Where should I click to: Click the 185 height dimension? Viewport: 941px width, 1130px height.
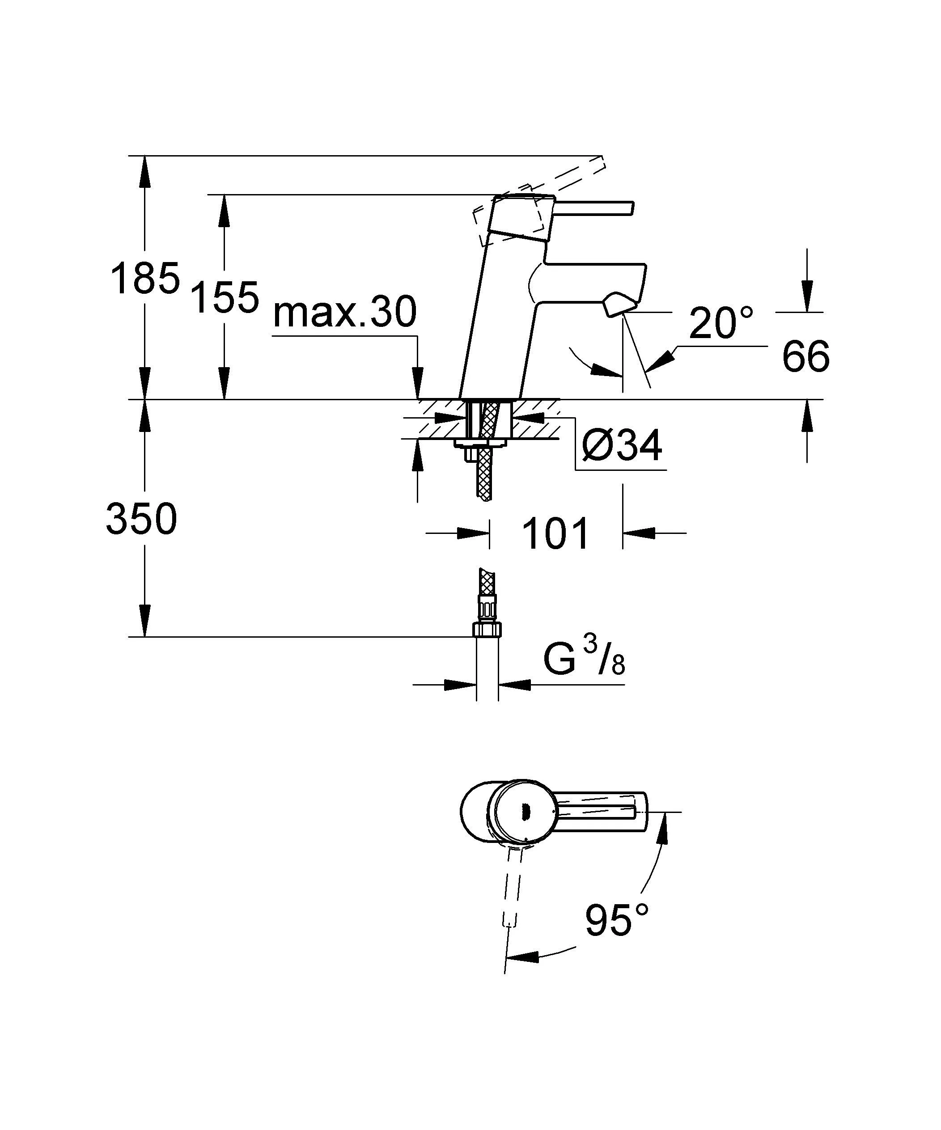click(x=144, y=279)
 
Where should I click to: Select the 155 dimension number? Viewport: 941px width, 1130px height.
click(x=225, y=297)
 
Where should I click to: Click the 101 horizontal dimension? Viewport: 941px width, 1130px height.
click(x=556, y=534)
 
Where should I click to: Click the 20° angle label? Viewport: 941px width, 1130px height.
click(x=721, y=324)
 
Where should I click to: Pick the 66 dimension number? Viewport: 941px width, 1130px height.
click(x=805, y=357)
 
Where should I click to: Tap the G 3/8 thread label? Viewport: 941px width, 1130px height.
click(x=584, y=661)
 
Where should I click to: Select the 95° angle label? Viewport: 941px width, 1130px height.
click(x=616, y=921)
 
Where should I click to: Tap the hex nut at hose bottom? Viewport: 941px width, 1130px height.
click(x=487, y=629)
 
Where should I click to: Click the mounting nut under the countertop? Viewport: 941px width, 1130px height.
click(x=481, y=444)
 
